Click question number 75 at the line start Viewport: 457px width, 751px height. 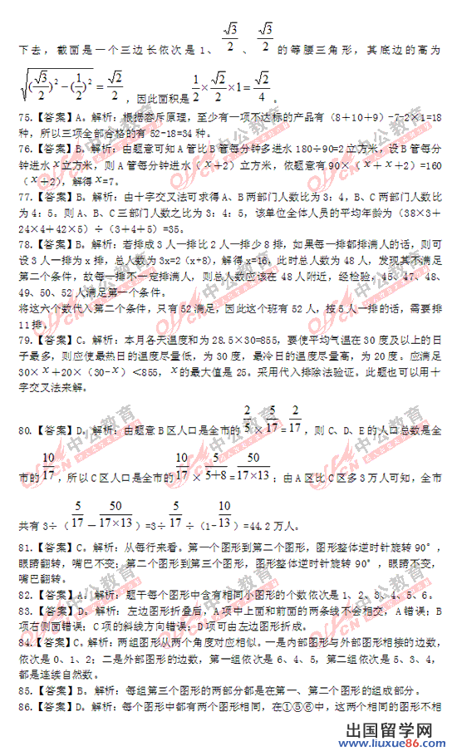[23, 119]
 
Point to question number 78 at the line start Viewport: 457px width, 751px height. [23, 244]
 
